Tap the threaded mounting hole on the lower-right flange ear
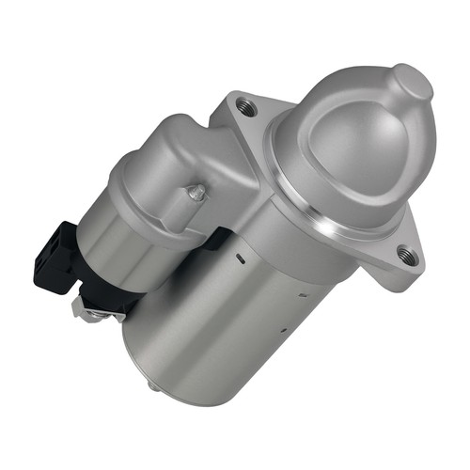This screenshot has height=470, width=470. click(x=405, y=253)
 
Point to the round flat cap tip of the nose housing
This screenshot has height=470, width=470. click(x=414, y=83)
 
